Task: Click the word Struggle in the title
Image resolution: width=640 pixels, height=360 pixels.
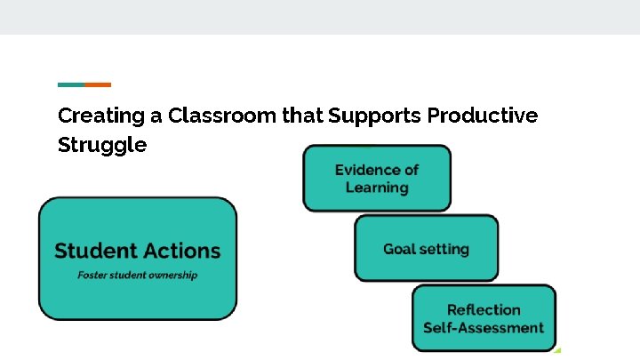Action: [x=102, y=145]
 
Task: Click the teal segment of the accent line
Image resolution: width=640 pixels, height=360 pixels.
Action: [x=71, y=84]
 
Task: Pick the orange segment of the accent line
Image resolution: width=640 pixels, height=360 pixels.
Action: [x=98, y=84]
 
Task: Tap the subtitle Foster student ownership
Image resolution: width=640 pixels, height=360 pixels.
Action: [x=138, y=275]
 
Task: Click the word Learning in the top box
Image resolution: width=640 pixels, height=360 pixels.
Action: [x=377, y=188]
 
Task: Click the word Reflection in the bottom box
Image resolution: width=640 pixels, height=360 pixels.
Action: [x=484, y=309]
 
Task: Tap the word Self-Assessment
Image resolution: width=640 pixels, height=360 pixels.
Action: [x=484, y=327]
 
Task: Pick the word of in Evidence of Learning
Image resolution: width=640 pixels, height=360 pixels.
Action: [x=410, y=170]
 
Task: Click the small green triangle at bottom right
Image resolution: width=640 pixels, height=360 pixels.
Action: [x=557, y=348]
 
